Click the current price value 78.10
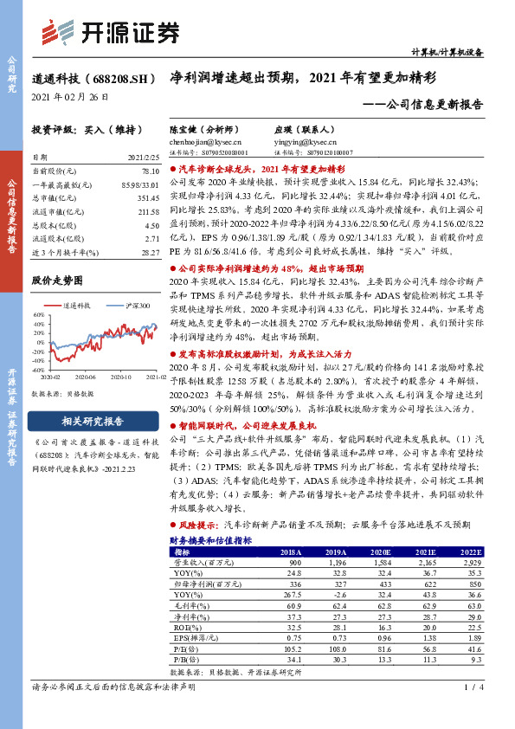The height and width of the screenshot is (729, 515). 149,172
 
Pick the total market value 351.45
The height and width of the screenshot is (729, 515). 147,197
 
